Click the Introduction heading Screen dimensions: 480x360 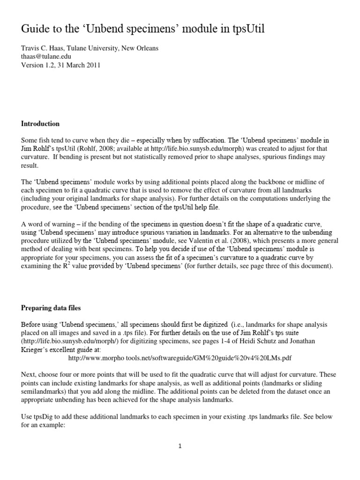pyautogui.click(x=40, y=124)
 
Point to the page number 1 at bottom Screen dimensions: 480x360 pyautogui.click(x=180, y=446)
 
